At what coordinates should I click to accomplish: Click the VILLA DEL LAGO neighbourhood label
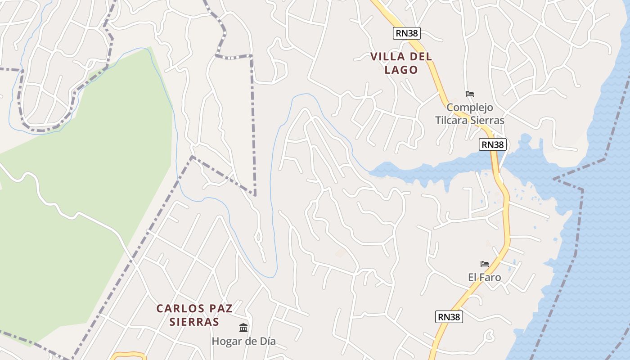pyautogui.click(x=401, y=63)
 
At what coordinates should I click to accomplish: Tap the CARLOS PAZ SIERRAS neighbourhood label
pyautogui.click(x=194, y=315)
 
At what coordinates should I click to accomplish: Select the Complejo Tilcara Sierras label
pyautogui.click(x=470, y=114)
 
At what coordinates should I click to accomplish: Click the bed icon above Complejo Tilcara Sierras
pyautogui.click(x=470, y=94)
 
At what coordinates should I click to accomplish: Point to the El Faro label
pyautogui.click(x=484, y=277)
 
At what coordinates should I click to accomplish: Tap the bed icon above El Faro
pyautogui.click(x=484, y=264)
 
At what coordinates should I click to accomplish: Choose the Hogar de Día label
pyautogui.click(x=243, y=342)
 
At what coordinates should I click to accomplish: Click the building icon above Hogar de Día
pyautogui.click(x=243, y=327)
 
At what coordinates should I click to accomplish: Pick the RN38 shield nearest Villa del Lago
pyautogui.click(x=406, y=33)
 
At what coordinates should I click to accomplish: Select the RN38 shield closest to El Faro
pyautogui.click(x=449, y=317)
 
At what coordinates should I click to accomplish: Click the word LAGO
pyautogui.click(x=401, y=70)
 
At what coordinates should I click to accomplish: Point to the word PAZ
pyautogui.click(x=213, y=309)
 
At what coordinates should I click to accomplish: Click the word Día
pyautogui.click(x=265, y=342)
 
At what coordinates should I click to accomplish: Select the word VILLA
pyautogui.click(x=386, y=57)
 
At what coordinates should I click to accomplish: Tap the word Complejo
pyautogui.click(x=470, y=108)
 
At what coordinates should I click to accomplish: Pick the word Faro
pyautogui.click(x=490, y=277)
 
